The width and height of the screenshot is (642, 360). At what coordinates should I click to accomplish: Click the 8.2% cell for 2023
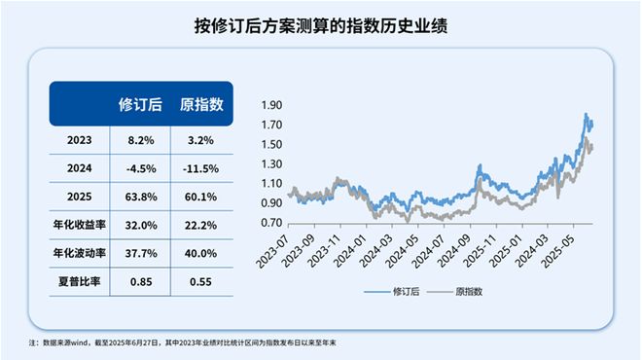pyautogui.click(x=140, y=140)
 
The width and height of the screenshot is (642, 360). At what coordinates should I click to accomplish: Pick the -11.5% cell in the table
pyautogui.click(x=202, y=168)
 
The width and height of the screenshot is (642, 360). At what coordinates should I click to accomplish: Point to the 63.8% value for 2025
pyautogui.click(x=140, y=197)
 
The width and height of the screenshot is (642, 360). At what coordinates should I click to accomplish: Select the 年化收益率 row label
pyautogui.click(x=79, y=225)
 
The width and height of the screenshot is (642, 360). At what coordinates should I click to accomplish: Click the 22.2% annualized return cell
pyautogui.click(x=202, y=225)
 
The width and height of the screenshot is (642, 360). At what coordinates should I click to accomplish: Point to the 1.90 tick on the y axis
pyautogui.click(x=272, y=105)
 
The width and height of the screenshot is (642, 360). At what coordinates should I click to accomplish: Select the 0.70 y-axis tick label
pyautogui.click(x=272, y=223)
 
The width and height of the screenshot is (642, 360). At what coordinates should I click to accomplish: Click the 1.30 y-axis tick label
pyautogui.click(x=272, y=164)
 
